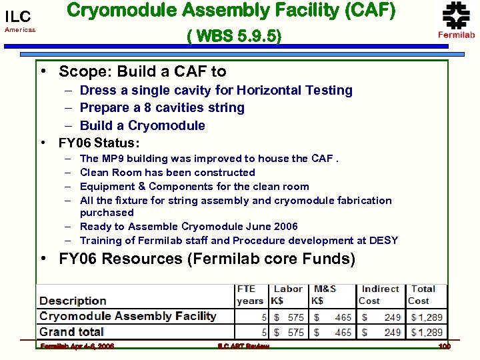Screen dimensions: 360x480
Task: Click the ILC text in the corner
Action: pos(18,17)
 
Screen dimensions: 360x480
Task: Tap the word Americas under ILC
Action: pos(20,30)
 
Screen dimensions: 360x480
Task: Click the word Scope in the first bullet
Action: pos(80,71)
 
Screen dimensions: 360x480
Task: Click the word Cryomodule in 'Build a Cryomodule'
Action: pos(166,125)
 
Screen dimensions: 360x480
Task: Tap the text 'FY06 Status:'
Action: pos(99,143)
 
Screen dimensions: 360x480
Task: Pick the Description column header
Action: pos(73,301)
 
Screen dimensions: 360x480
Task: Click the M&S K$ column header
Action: pos(325,295)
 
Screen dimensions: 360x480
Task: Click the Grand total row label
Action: pos(71,331)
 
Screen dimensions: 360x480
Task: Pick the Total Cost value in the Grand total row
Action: pos(427,332)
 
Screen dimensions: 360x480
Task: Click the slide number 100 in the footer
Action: pos(445,347)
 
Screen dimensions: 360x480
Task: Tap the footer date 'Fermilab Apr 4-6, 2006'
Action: pos(77,347)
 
